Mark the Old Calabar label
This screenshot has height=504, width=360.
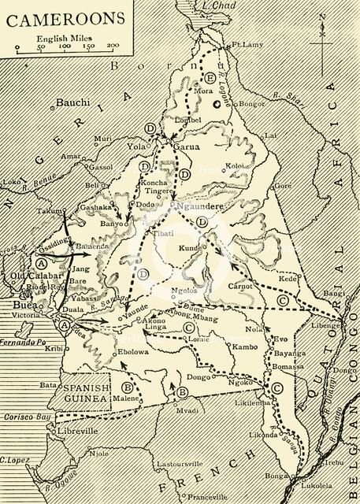[x=31, y=275]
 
